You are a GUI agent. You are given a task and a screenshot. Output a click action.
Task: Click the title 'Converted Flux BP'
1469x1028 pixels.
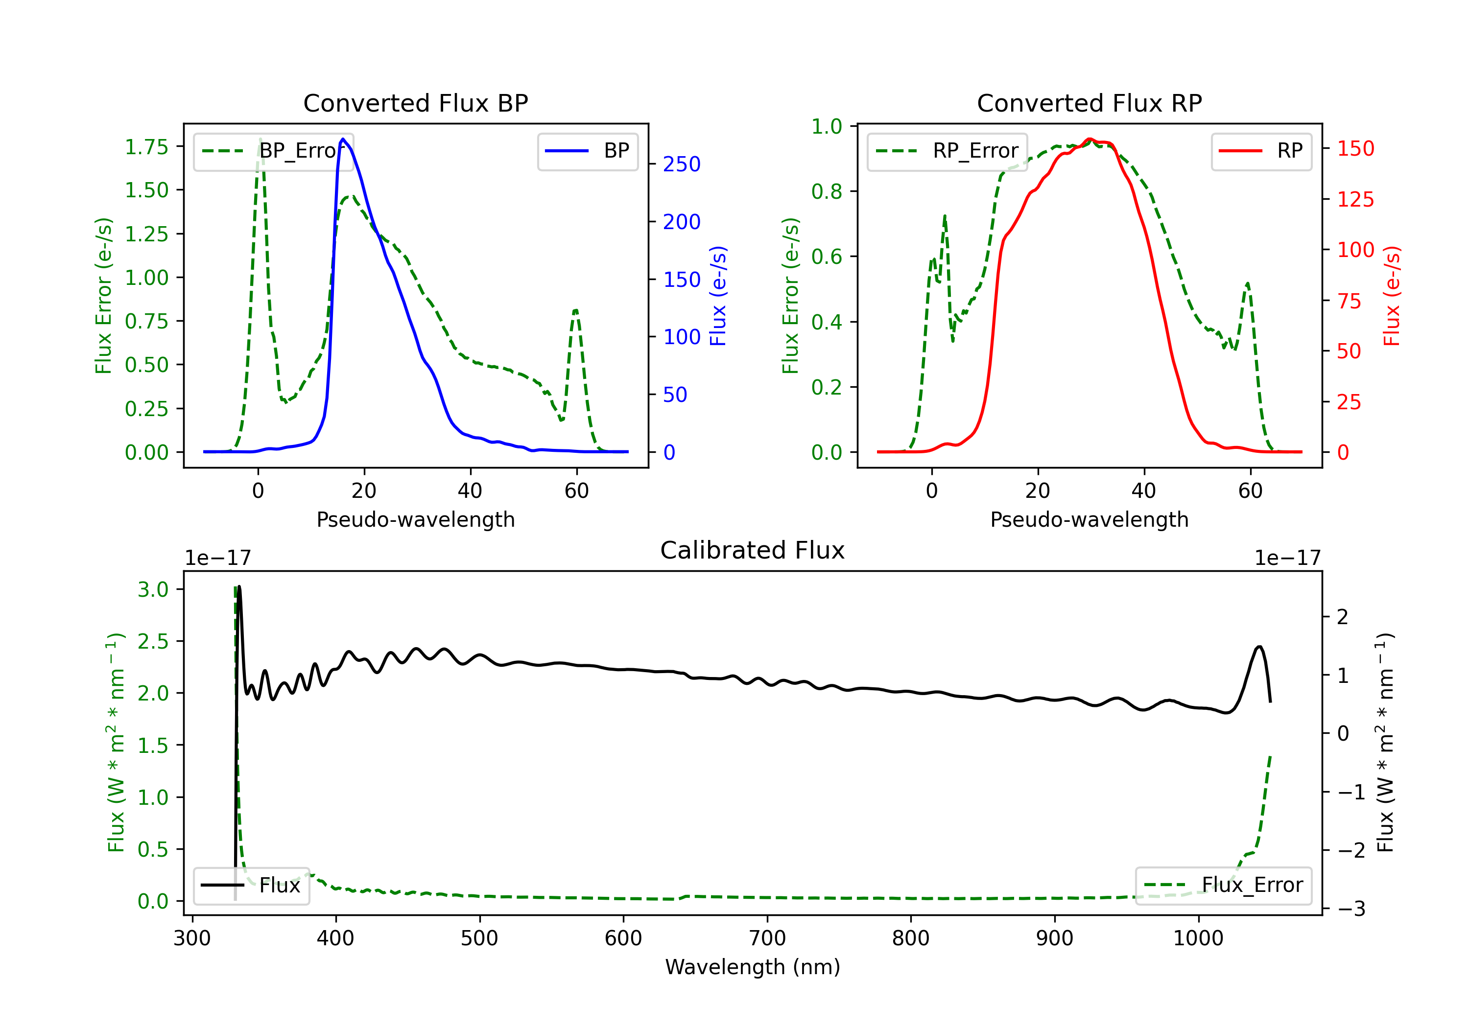pos(415,103)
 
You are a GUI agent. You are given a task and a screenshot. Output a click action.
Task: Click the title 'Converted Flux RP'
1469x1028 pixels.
pos(1089,103)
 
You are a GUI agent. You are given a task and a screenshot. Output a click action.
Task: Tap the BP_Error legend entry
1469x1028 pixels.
pos(274,151)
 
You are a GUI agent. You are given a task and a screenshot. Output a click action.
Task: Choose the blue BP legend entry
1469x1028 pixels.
pos(587,151)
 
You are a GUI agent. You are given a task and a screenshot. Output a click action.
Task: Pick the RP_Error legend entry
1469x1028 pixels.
pos(947,151)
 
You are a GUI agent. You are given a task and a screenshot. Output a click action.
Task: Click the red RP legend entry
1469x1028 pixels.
pos(1261,151)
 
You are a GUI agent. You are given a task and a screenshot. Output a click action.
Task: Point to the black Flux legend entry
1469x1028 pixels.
pos(251,886)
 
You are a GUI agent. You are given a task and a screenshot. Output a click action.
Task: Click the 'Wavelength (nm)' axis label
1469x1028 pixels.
pos(753,967)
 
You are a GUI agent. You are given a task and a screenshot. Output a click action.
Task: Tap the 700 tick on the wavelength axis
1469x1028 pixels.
pos(767,938)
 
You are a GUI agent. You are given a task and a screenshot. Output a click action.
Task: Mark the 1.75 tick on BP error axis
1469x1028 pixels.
pos(146,147)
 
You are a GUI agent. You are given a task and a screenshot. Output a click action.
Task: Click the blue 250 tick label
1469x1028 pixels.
pos(682,164)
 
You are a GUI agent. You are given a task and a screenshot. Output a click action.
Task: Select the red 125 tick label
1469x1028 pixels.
pos(1355,200)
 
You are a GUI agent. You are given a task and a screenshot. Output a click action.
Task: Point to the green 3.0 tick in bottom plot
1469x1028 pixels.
pos(153,589)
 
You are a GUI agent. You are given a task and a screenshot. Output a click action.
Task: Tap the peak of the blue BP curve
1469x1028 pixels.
pos(343,139)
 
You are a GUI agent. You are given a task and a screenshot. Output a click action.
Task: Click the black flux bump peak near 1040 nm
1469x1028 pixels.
pos(1259,647)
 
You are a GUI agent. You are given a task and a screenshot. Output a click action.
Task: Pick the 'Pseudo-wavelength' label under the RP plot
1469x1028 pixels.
pos(1089,519)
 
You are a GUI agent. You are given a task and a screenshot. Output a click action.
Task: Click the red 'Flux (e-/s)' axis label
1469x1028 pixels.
pos(1392,296)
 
